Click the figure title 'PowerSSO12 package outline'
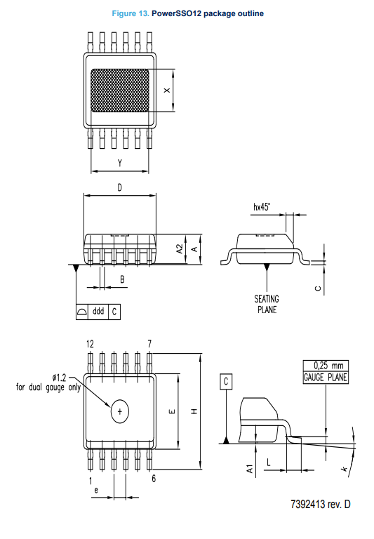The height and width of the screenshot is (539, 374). pos(208,14)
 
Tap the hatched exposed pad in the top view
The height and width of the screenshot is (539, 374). pos(119,91)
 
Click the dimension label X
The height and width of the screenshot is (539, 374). pos(167,91)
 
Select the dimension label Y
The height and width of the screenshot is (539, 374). pos(119,163)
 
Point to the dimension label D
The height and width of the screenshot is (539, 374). pos(119,187)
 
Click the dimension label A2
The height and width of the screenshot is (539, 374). pos(180,249)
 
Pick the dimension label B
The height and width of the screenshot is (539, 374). pos(122,279)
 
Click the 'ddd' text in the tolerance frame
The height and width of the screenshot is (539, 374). pos(98,311)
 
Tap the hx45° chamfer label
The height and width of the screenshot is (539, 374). pos(262,206)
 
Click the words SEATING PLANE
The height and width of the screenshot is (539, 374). pos(267,304)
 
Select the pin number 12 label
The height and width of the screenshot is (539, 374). pos(90,344)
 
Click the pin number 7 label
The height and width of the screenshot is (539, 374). pos(149,344)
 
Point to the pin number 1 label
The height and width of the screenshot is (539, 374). pos(91,481)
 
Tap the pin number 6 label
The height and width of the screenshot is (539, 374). pos(154,479)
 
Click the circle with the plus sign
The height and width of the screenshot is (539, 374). pos(119,411)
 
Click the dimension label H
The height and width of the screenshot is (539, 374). pos(194,411)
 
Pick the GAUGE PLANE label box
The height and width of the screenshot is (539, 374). pos(326,378)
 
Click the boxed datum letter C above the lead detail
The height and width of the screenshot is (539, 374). pos(226,382)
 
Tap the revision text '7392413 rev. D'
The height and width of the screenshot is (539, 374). pos(321,505)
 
